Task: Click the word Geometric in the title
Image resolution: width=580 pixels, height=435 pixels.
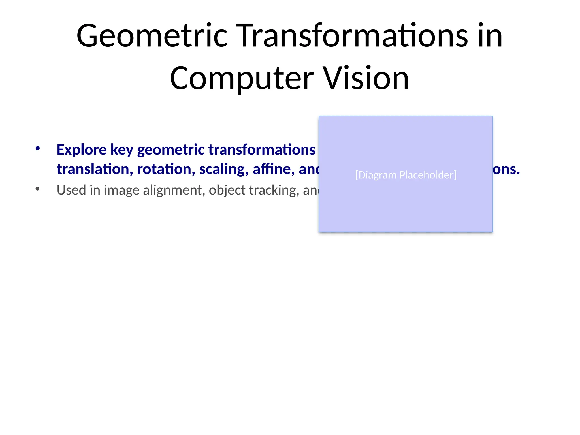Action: pos(152,36)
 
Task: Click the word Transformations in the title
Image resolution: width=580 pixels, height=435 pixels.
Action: pos(352,36)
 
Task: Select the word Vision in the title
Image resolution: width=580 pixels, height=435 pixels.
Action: pos(366,78)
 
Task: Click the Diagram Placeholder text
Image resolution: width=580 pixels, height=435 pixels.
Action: pos(406,175)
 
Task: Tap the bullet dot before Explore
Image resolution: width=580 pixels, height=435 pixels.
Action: pos(38,148)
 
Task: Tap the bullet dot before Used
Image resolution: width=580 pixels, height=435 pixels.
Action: pos(38,189)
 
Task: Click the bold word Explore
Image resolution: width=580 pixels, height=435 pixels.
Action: pos(81,150)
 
